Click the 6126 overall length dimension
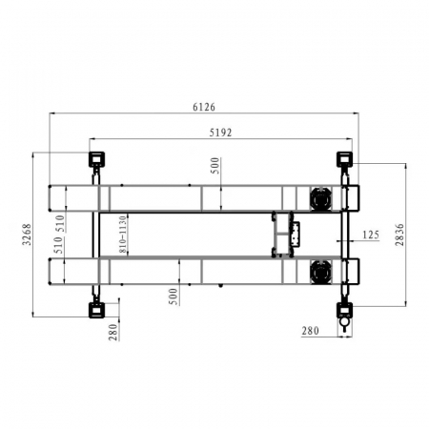(204, 107)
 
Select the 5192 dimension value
(220, 133)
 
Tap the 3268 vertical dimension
(28, 235)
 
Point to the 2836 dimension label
(399, 235)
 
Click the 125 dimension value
(371, 235)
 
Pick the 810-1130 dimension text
(123, 235)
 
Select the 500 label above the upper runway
(215, 166)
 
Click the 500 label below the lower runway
(174, 296)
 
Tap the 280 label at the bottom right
(310, 331)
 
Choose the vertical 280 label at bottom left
(113, 333)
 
